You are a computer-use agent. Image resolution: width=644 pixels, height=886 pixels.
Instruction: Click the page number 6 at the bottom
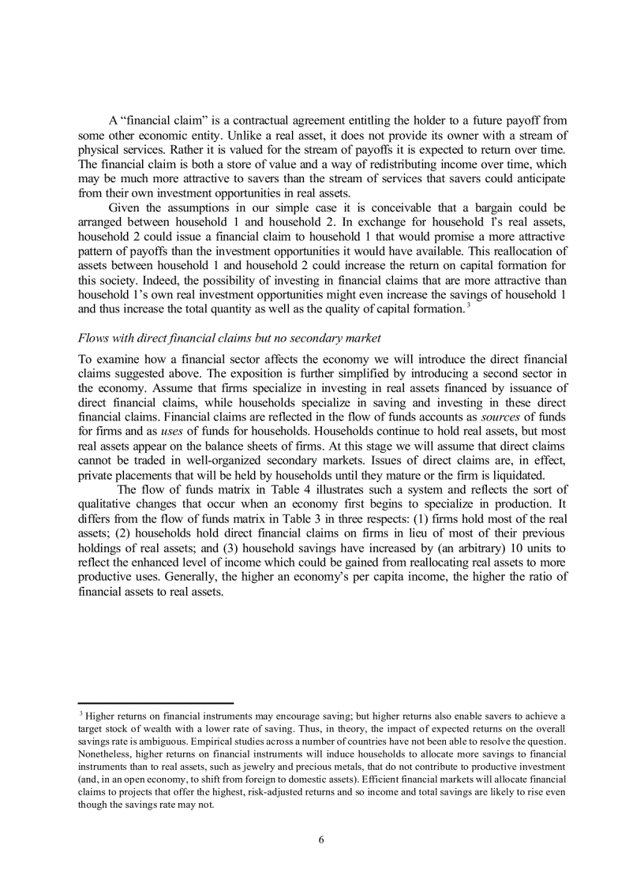tap(321, 839)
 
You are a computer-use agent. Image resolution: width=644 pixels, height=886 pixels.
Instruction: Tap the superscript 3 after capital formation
tap(469, 305)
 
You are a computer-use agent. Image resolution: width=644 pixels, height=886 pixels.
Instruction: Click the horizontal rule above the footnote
tap(155, 703)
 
